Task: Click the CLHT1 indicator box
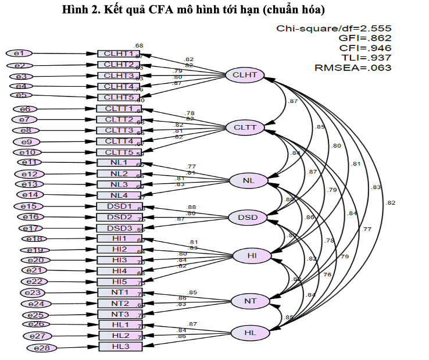point(119,54)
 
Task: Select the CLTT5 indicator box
point(119,152)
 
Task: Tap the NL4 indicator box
point(119,195)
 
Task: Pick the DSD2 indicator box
point(119,217)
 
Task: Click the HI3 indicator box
point(119,259)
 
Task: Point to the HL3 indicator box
point(119,347)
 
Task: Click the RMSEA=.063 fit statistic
point(353,67)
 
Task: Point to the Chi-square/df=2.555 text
point(334,28)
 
